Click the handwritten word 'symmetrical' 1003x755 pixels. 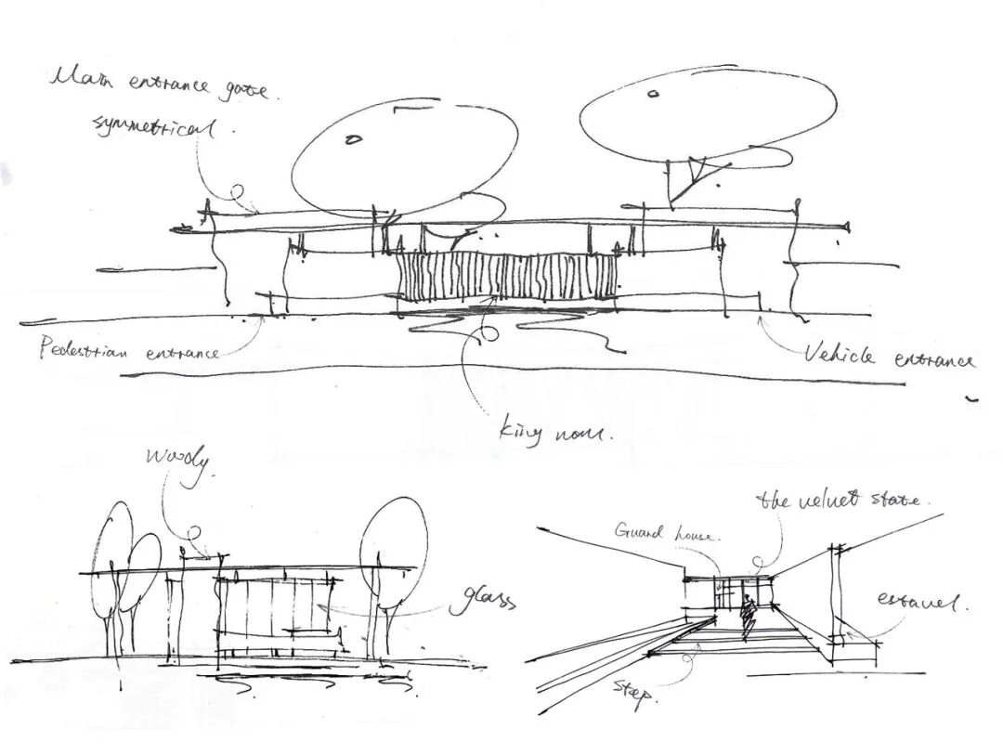click(x=154, y=125)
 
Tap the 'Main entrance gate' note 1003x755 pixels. click(x=158, y=85)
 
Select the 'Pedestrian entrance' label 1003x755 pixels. click(x=128, y=350)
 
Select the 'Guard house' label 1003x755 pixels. click(x=665, y=532)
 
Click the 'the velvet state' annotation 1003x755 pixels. click(x=840, y=500)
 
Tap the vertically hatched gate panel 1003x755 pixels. click(x=507, y=277)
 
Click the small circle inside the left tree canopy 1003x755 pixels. click(x=353, y=140)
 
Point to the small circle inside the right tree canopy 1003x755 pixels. click(x=653, y=93)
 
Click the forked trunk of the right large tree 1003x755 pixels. click(x=687, y=176)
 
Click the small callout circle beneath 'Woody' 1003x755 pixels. click(x=194, y=533)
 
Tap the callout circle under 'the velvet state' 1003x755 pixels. click(x=757, y=562)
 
